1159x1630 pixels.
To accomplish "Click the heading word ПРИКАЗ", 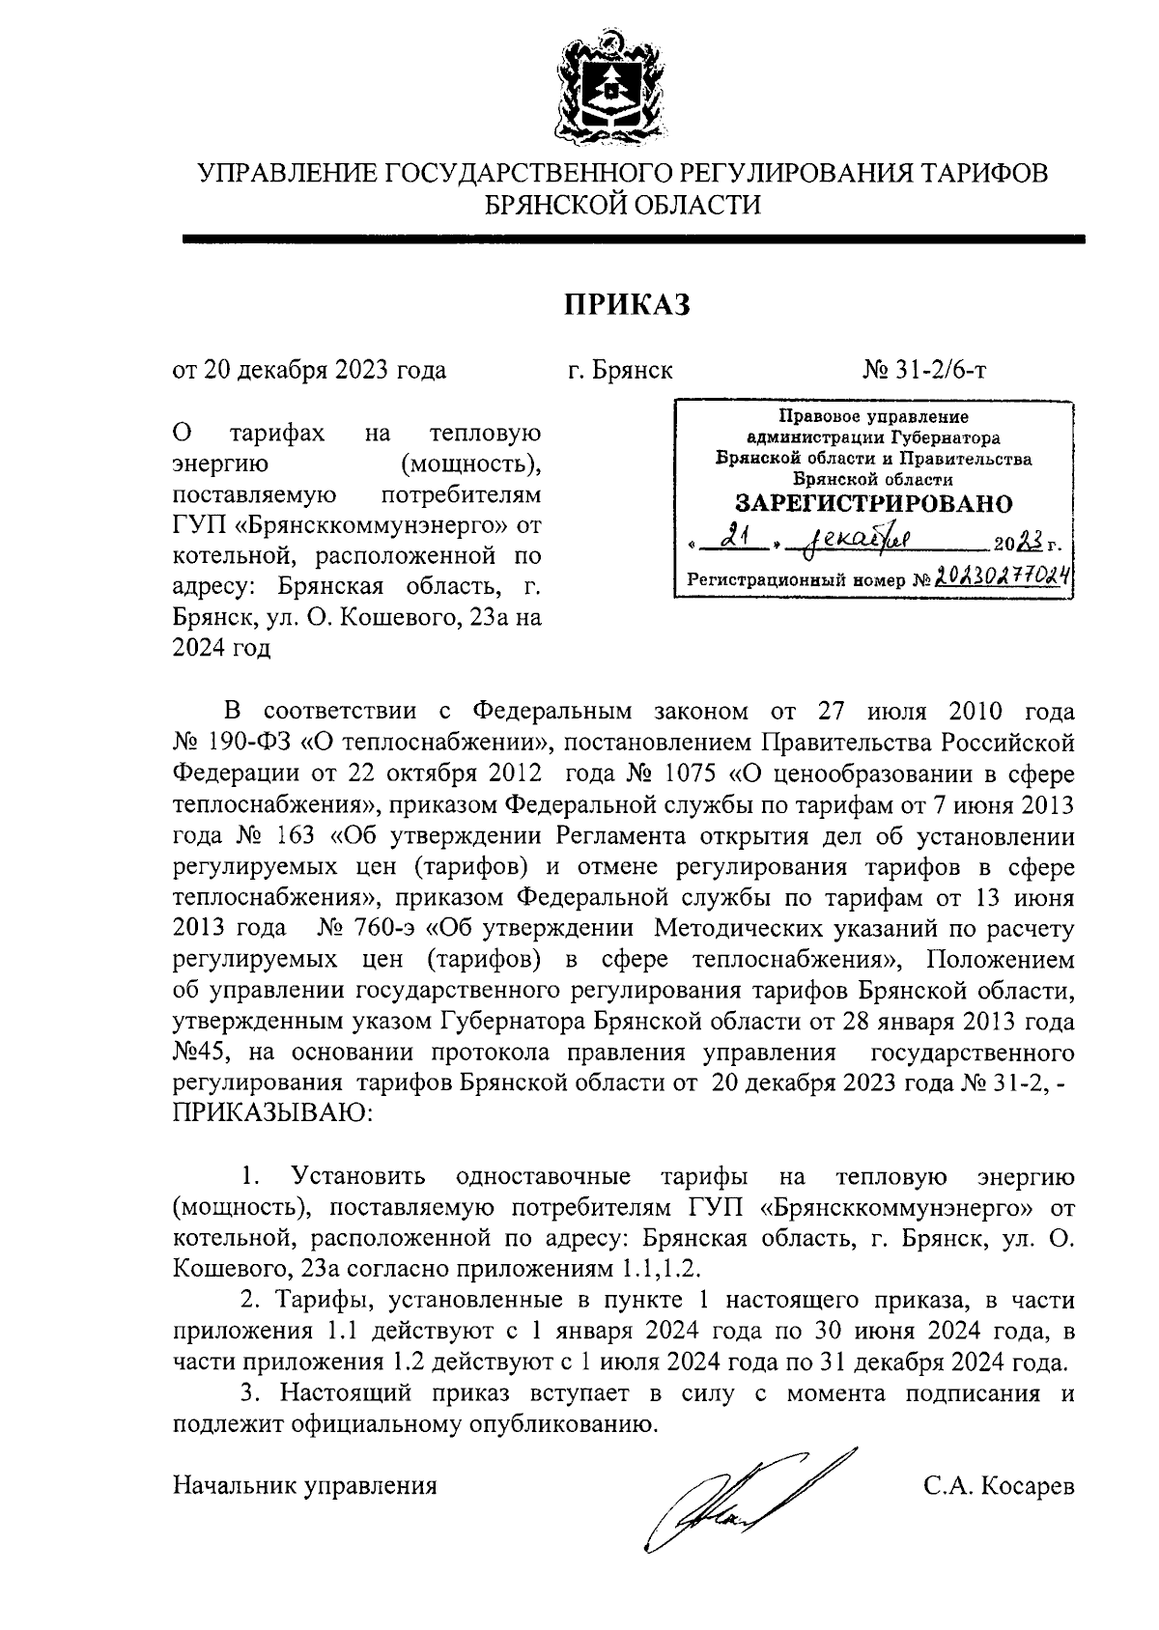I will click(x=628, y=304).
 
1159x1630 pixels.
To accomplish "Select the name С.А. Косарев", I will click(x=998, y=1485).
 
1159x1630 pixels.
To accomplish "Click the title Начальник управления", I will click(x=304, y=1485).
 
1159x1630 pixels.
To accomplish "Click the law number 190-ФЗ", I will click(x=250, y=743).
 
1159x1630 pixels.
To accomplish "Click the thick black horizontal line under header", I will click(x=633, y=239).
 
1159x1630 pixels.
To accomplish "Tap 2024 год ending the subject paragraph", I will click(x=221, y=648).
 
